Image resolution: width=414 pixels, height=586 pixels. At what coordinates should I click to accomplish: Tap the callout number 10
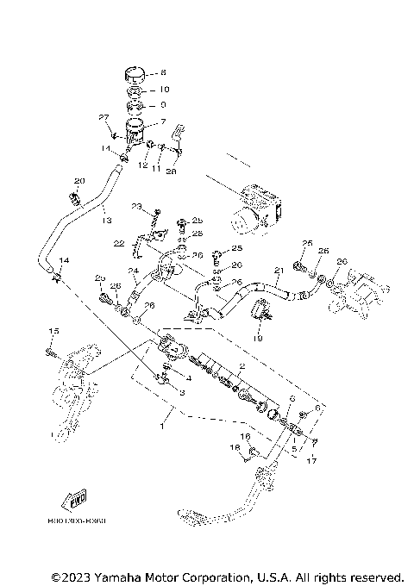click(165, 90)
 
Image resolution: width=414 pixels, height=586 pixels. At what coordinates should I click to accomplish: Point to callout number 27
click(103, 117)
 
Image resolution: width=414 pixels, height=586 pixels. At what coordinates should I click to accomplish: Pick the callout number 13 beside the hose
click(107, 221)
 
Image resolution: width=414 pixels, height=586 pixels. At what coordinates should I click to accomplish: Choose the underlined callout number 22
click(119, 244)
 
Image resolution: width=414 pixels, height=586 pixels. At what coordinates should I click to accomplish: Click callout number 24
click(134, 271)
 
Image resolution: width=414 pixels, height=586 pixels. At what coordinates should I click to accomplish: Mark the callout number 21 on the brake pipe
click(279, 271)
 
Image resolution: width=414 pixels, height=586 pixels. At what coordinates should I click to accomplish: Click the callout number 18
click(233, 448)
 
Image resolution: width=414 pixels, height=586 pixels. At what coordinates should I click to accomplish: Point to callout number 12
click(143, 165)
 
